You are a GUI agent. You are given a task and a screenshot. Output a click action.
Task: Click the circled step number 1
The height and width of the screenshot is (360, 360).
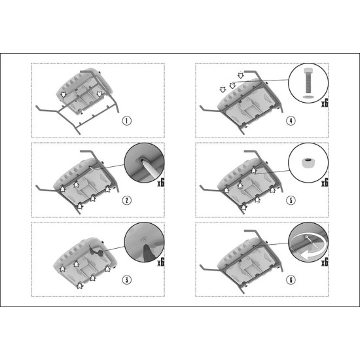(126, 121)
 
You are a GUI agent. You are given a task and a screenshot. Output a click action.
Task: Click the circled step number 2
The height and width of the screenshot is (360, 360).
(126, 200)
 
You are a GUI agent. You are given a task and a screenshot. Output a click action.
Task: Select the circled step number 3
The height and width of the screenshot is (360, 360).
(126, 279)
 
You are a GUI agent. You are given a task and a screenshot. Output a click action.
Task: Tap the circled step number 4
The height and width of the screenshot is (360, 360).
(291, 121)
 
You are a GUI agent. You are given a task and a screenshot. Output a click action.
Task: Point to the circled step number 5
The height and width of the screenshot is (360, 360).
(291, 200)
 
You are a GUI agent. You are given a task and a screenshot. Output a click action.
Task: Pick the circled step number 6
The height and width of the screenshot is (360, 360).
(291, 279)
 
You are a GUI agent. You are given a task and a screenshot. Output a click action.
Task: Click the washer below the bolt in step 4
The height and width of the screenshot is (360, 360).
(308, 97)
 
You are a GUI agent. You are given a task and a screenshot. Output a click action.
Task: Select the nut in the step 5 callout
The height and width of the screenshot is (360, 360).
(308, 162)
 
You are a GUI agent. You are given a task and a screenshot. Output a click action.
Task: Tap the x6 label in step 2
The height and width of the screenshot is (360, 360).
(161, 183)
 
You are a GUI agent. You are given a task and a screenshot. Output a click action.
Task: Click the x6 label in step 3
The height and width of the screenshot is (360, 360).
(161, 262)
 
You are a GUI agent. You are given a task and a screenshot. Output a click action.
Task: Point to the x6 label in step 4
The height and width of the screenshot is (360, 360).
(325, 103)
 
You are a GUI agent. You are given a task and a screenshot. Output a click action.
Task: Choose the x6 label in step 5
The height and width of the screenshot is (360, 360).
(325, 183)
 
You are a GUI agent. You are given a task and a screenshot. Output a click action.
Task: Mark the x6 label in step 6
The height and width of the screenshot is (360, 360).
(325, 262)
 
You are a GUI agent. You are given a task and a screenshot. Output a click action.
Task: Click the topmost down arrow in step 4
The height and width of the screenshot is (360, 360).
(240, 75)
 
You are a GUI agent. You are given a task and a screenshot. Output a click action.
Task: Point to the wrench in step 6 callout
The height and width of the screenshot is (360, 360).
(310, 242)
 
